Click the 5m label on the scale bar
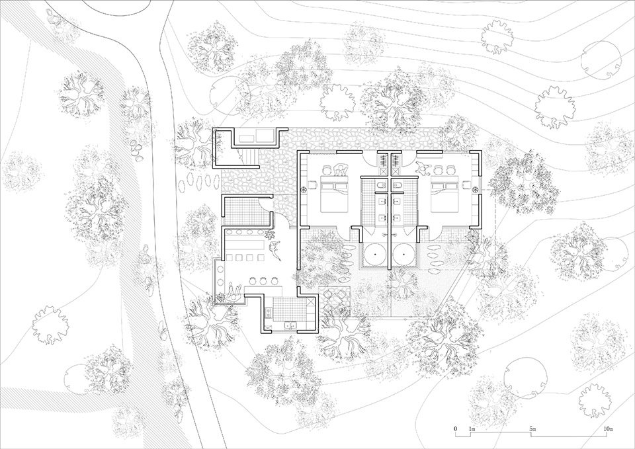(x=532, y=430)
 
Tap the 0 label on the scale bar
(x=456, y=430)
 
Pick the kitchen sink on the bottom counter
(x=289, y=325)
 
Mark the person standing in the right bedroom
(x=421, y=169)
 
